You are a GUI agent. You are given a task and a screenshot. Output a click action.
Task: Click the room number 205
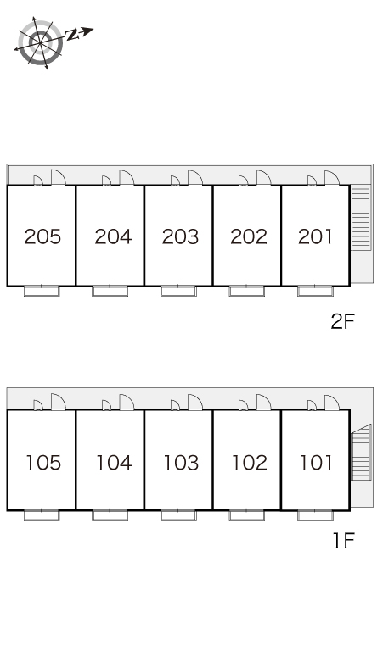pyautogui.click(x=42, y=236)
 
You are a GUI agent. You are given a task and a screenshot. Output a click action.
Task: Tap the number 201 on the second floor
pyautogui.click(x=315, y=236)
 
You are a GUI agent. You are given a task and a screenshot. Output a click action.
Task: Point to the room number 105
pyautogui.click(x=43, y=463)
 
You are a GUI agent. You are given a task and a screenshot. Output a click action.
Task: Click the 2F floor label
pyautogui.click(x=343, y=321)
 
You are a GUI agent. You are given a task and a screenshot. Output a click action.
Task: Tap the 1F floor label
pyautogui.click(x=344, y=540)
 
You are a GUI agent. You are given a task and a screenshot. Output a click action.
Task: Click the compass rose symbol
pyautogui.click(x=41, y=42)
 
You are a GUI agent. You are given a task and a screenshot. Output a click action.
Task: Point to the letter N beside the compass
pyautogui.click(x=73, y=34)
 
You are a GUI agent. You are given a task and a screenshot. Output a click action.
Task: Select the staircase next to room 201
pyautogui.click(x=361, y=217)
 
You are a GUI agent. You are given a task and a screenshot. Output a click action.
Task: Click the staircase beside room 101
pyautogui.click(x=362, y=453)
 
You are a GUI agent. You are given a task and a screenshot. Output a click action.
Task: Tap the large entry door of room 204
pyautogui.click(x=127, y=177)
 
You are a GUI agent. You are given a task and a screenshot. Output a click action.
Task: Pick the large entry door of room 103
pyautogui.click(x=195, y=402)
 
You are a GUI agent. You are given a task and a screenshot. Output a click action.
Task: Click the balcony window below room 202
pyautogui.click(x=247, y=292)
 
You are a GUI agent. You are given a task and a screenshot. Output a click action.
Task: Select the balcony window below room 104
pyautogui.click(x=110, y=515)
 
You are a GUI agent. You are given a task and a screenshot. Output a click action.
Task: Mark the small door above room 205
pyautogui.click(x=38, y=181)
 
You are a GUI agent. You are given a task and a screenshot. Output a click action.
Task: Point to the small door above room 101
pyautogui.click(x=313, y=405)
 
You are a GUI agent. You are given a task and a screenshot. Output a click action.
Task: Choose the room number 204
pyautogui.click(x=113, y=236)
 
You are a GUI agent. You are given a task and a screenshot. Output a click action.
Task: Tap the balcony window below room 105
pyautogui.click(x=42, y=515)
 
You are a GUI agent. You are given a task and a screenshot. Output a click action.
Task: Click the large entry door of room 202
pyautogui.click(x=263, y=177)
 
